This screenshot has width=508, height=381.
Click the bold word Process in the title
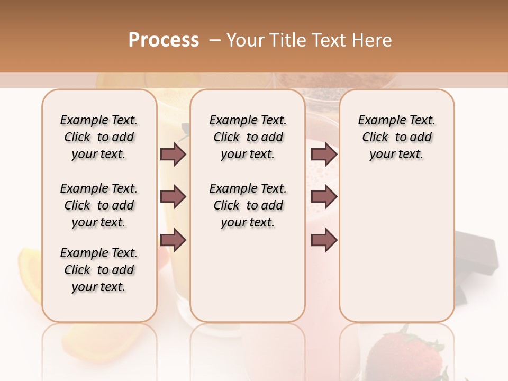point(164,40)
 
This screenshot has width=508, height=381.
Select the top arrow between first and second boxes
point(173,154)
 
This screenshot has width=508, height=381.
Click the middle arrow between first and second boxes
point(173,197)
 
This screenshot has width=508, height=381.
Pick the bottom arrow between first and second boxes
point(173,240)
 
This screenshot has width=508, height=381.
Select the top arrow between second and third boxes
point(324,154)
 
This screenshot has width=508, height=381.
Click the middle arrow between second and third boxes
point(324,197)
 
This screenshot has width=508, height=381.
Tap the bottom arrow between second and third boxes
point(324,240)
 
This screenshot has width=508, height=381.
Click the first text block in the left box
point(99,137)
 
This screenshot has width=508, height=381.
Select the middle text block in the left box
point(99,205)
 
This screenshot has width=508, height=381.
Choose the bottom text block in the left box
point(99,270)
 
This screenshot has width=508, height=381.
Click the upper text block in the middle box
point(248,137)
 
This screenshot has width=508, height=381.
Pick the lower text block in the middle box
point(248,205)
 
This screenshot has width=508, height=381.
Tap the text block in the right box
point(396,137)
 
